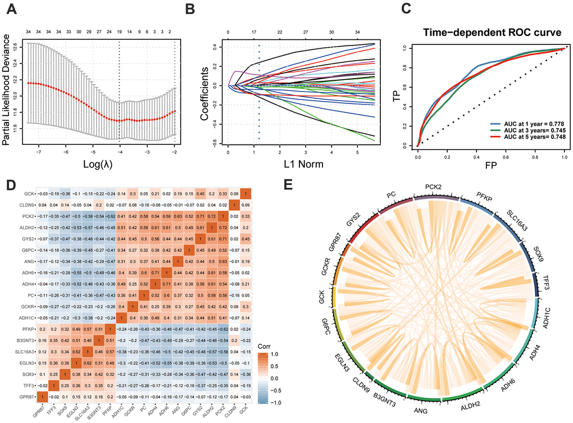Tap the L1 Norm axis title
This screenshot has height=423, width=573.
click(303, 163)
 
